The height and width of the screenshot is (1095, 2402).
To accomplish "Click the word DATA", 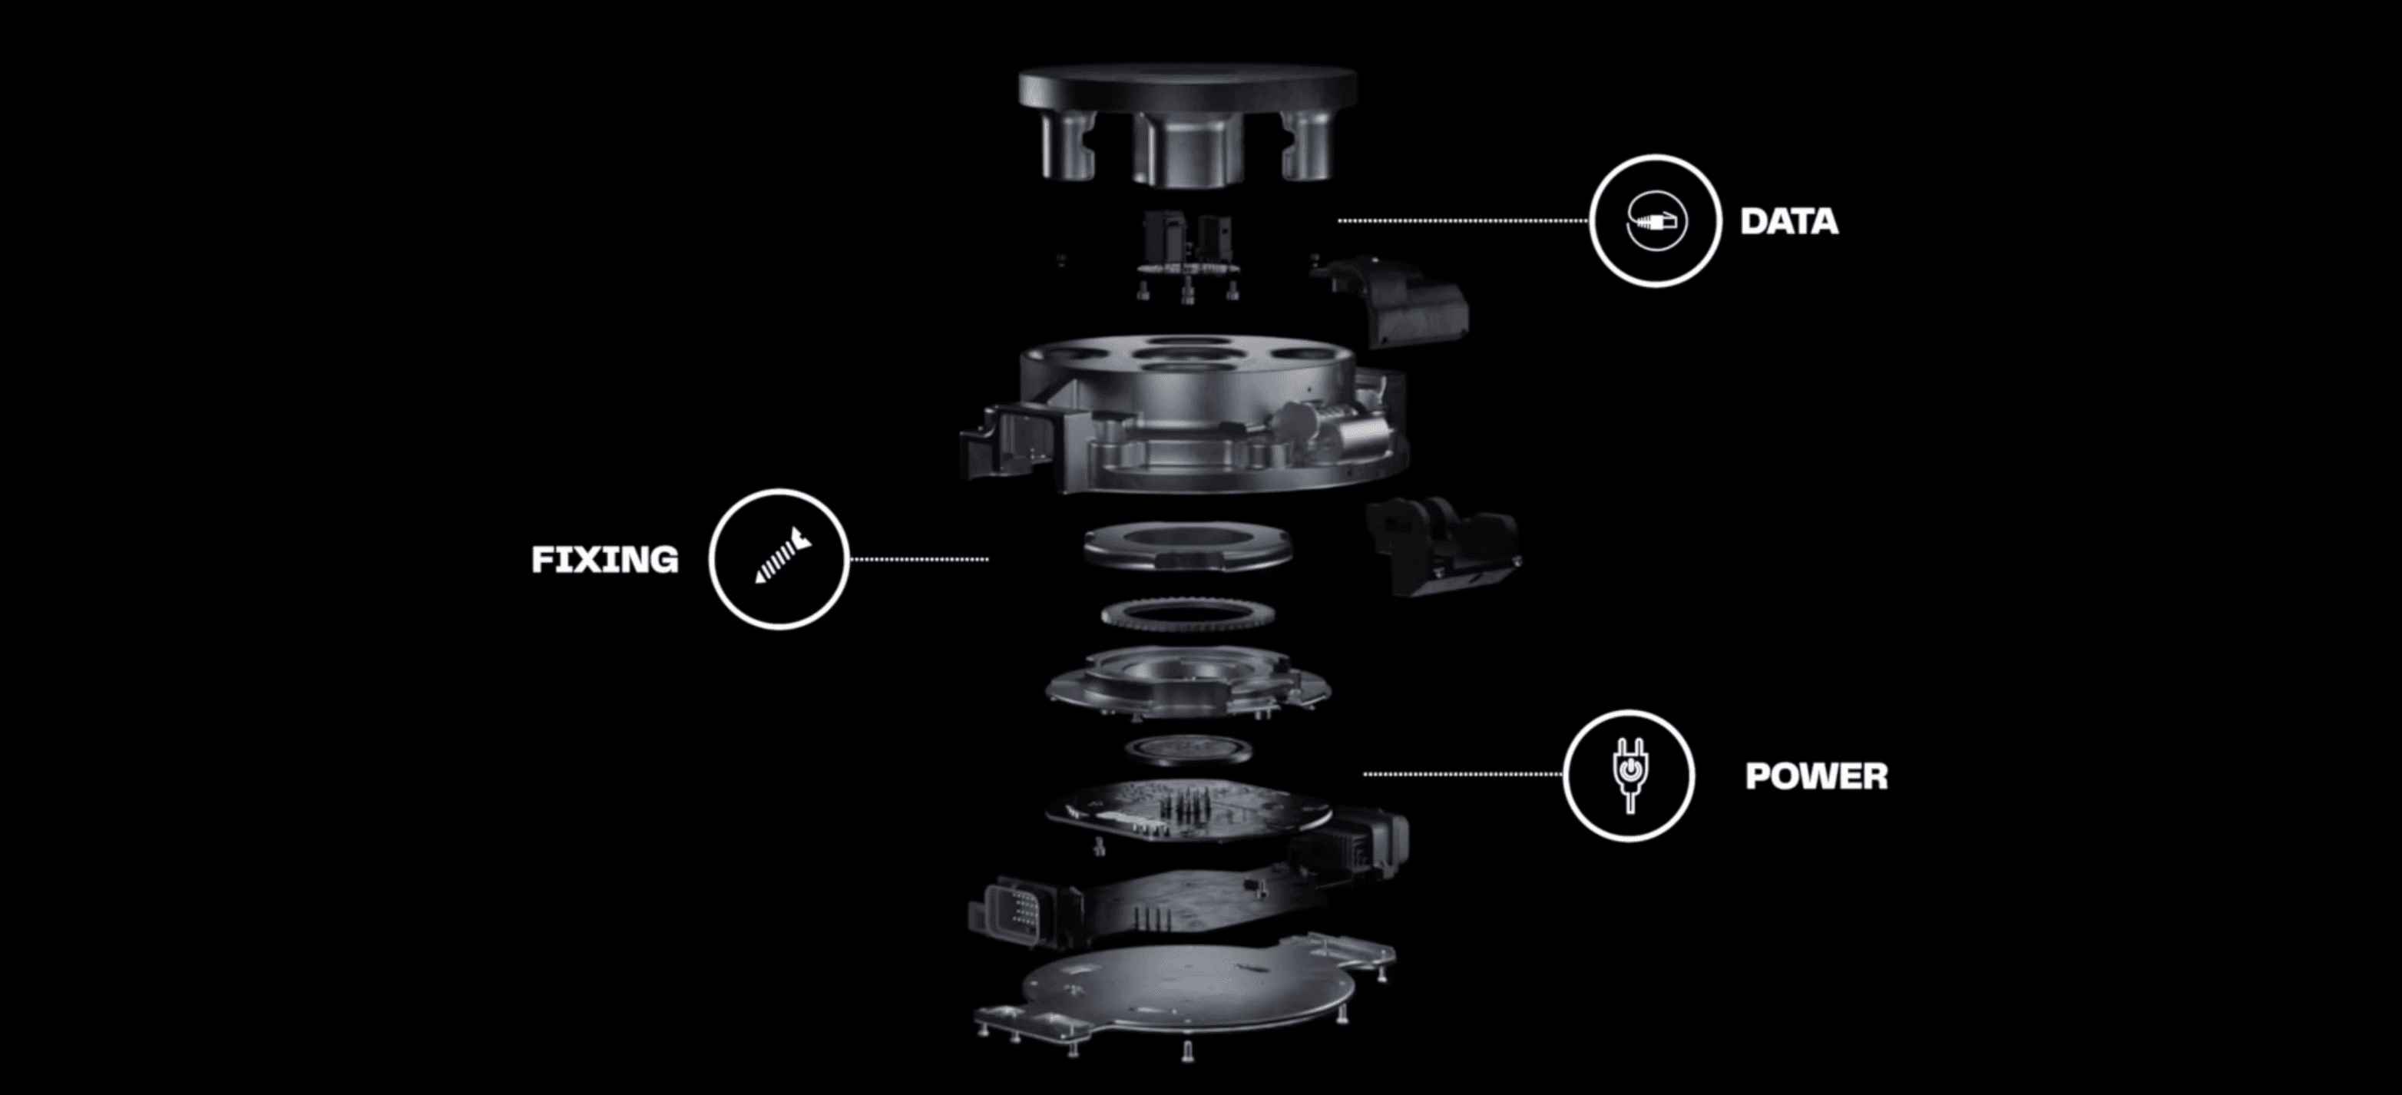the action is (1788, 222).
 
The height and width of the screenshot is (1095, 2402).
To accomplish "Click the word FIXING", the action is (605, 560).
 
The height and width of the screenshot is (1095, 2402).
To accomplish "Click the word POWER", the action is (1816, 776).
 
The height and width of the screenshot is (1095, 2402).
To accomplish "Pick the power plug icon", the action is (1629, 774).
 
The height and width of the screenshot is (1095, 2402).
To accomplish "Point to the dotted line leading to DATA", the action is (1463, 221).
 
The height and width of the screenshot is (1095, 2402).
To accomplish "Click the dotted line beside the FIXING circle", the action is (918, 560).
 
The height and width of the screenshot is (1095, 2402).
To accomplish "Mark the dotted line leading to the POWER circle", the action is (1462, 774).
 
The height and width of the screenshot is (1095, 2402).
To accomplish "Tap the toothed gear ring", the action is (1187, 616).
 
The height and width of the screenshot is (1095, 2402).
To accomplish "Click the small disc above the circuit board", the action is (1188, 749).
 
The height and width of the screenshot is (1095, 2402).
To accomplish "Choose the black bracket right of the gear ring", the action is (1441, 546).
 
